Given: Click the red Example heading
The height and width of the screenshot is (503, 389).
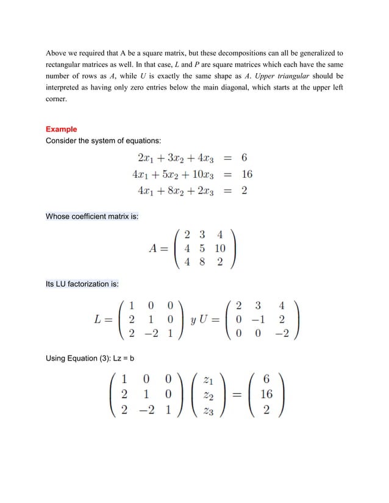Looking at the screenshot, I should (x=62, y=129).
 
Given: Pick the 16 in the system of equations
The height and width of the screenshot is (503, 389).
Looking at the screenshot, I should (x=247, y=174).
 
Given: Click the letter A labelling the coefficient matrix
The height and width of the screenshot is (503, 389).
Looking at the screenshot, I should (x=154, y=248).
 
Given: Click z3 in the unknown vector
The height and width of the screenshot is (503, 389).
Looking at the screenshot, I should (x=208, y=410).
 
